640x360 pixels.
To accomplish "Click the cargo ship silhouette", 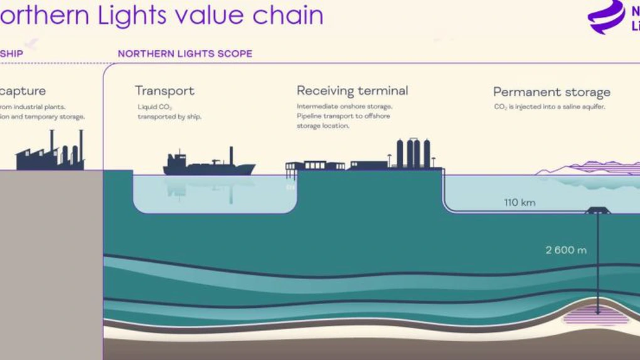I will pyautogui.click(x=208, y=166).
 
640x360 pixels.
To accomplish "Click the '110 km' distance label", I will pyautogui.click(x=520, y=203).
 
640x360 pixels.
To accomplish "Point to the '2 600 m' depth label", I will pyautogui.click(x=565, y=250).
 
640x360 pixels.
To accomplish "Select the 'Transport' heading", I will pyautogui.click(x=164, y=91).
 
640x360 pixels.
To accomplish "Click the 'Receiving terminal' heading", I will pyautogui.click(x=352, y=91).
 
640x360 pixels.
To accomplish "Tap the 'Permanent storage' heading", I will pyautogui.click(x=551, y=93).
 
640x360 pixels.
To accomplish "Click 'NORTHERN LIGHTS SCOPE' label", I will pyautogui.click(x=185, y=54).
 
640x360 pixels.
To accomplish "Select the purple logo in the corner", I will pyautogui.click(x=607, y=16).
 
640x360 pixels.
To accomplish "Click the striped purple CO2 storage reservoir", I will pyautogui.click(x=595, y=316).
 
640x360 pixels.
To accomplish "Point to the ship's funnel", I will pyautogui.click(x=232, y=156).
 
